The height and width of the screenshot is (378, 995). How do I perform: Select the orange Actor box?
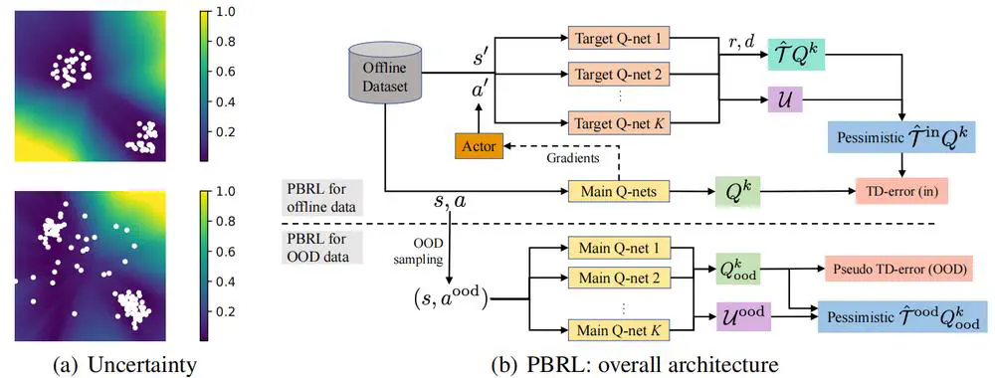pyautogui.click(x=478, y=145)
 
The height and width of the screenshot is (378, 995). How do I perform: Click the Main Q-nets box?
pyautogui.click(x=616, y=189)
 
